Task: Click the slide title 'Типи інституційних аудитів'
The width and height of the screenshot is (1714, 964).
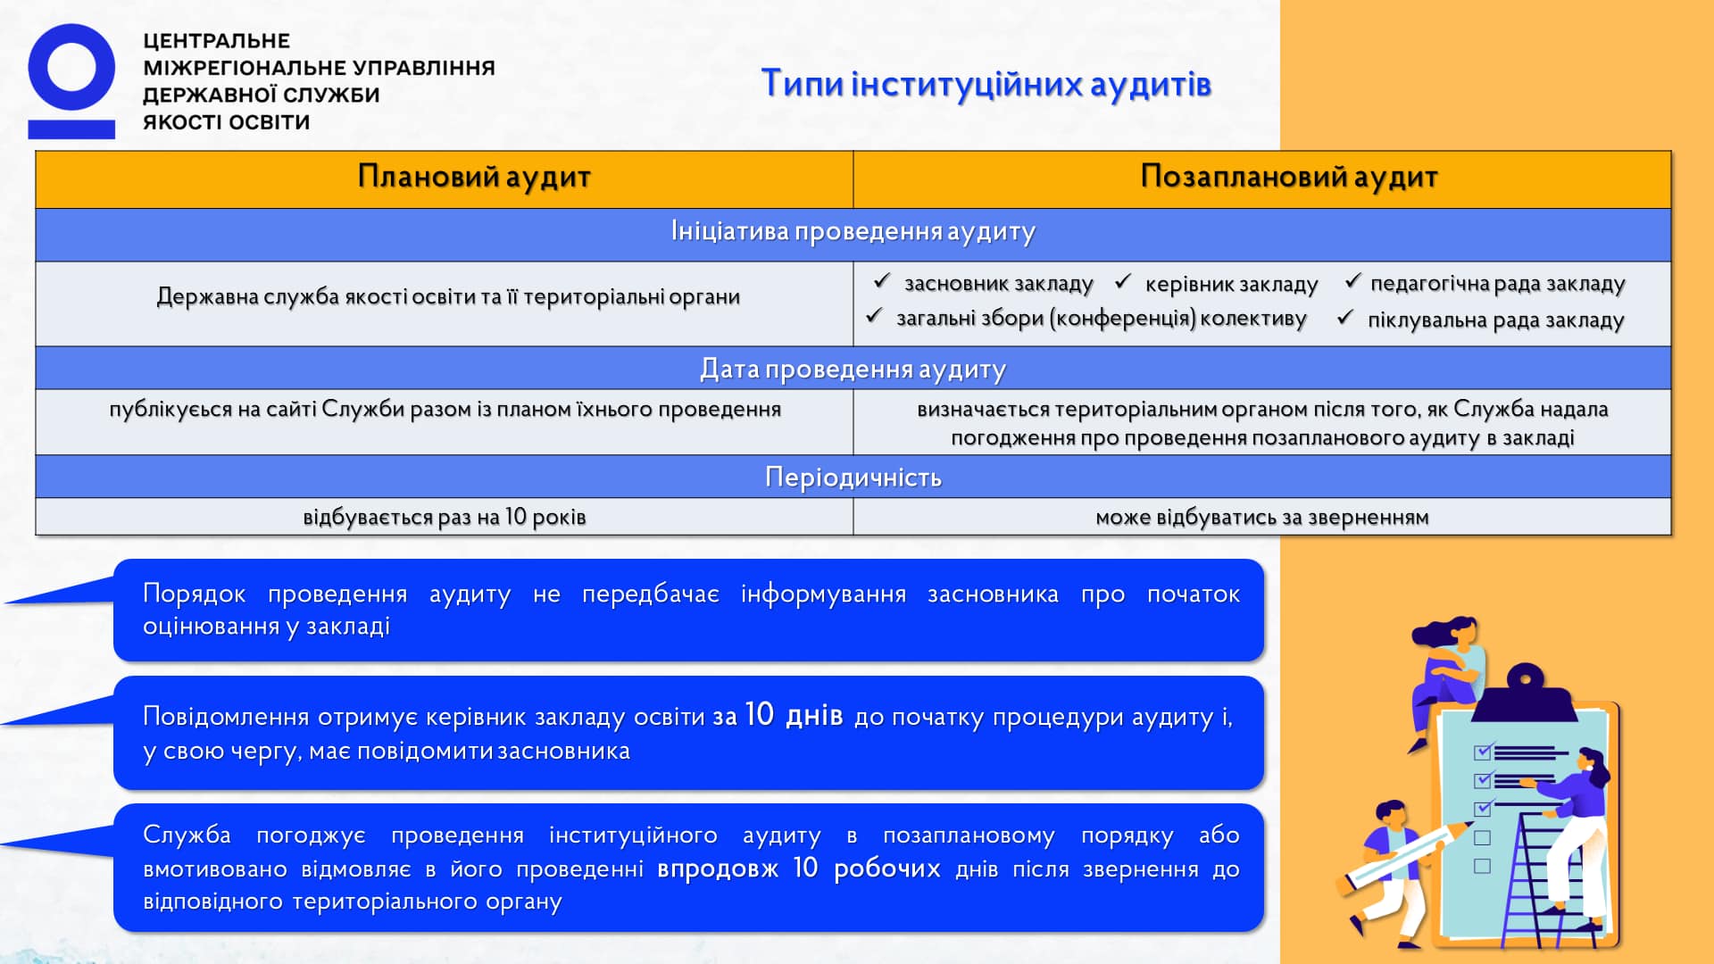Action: tap(986, 84)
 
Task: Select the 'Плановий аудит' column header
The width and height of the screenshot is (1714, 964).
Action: tap(474, 177)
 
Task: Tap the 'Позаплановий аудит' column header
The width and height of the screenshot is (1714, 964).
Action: tap(1288, 177)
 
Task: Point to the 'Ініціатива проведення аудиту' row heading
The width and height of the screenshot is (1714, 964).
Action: tap(853, 232)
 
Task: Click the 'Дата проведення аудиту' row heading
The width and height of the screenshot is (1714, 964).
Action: tap(853, 369)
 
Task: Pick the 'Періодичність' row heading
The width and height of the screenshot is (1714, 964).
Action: tap(853, 478)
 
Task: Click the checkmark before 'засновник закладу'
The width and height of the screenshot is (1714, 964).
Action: tap(882, 281)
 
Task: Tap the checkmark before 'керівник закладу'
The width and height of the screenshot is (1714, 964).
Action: tap(1123, 282)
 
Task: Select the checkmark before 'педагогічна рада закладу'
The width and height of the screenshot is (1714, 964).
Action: tap(1352, 281)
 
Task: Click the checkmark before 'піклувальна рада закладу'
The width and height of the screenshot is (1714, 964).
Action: tap(1345, 318)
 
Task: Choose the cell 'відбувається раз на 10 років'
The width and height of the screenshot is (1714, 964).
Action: tap(444, 517)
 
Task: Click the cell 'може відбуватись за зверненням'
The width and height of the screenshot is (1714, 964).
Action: tap(1261, 517)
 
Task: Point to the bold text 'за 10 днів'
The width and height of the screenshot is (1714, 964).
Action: tap(777, 716)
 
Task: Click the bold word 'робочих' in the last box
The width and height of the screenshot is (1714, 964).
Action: tap(886, 868)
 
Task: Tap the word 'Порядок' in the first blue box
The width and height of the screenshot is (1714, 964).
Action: tap(194, 594)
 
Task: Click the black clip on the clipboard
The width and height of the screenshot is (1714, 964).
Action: tap(1525, 692)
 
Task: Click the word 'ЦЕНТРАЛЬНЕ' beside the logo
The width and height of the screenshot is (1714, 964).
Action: tap(217, 41)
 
